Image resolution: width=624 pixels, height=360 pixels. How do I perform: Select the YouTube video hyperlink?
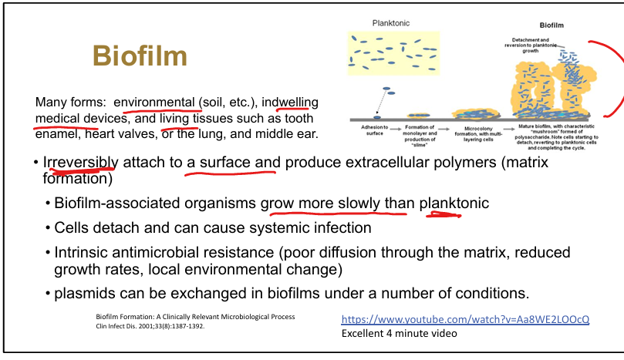[x=465, y=319]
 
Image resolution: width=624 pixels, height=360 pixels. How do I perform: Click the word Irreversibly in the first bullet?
[x=80, y=163]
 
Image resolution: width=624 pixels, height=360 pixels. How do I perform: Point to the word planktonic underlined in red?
[x=454, y=204]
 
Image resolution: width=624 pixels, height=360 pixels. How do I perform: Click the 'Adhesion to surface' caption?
[x=369, y=130]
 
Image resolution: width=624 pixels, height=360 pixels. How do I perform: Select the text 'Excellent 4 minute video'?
[x=399, y=334]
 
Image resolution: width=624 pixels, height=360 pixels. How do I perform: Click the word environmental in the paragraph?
[x=153, y=102]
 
